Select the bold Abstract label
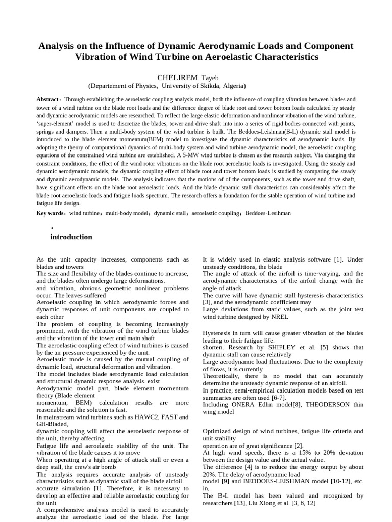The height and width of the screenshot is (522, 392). click(x=47, y=100)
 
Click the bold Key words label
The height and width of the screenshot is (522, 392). click(x=50, y=213)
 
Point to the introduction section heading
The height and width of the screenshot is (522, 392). click(x=71, y=237)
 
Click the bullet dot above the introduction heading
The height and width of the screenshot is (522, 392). click(x=52, y=228)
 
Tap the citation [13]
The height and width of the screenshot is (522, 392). click(x=248, y=503)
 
